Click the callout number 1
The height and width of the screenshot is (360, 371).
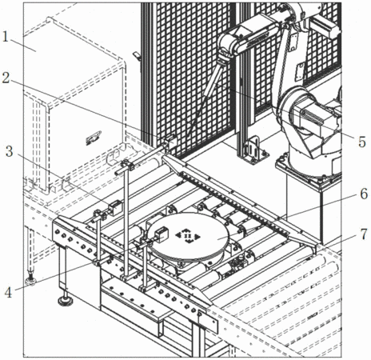coord(6,37)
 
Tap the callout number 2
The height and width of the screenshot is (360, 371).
coord(6,78)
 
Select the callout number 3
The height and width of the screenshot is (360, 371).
coord(10,151)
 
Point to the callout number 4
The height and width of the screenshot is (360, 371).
coord(8,293)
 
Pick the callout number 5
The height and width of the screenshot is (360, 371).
coord(361,142)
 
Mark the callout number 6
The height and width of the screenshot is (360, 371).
coord(364,194)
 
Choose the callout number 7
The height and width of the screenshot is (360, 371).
coord(364,234)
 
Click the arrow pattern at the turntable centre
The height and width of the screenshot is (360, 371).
coord(188,236)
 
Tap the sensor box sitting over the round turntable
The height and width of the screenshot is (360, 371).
coord(162,234)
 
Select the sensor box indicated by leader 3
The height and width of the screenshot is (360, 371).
coord(115,208)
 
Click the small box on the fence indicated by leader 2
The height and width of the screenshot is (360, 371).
coord(171,140)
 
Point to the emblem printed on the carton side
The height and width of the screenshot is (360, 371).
coord(94,137)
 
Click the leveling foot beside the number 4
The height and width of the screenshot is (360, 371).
coord(31,281)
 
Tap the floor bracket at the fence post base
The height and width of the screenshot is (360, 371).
coord(253,151)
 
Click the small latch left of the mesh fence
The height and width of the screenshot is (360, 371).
coord(137,56)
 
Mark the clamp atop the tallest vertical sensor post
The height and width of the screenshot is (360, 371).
coord(127,165)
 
